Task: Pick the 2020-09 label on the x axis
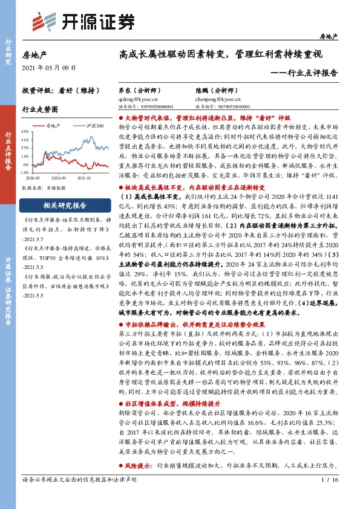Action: (59, 178)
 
